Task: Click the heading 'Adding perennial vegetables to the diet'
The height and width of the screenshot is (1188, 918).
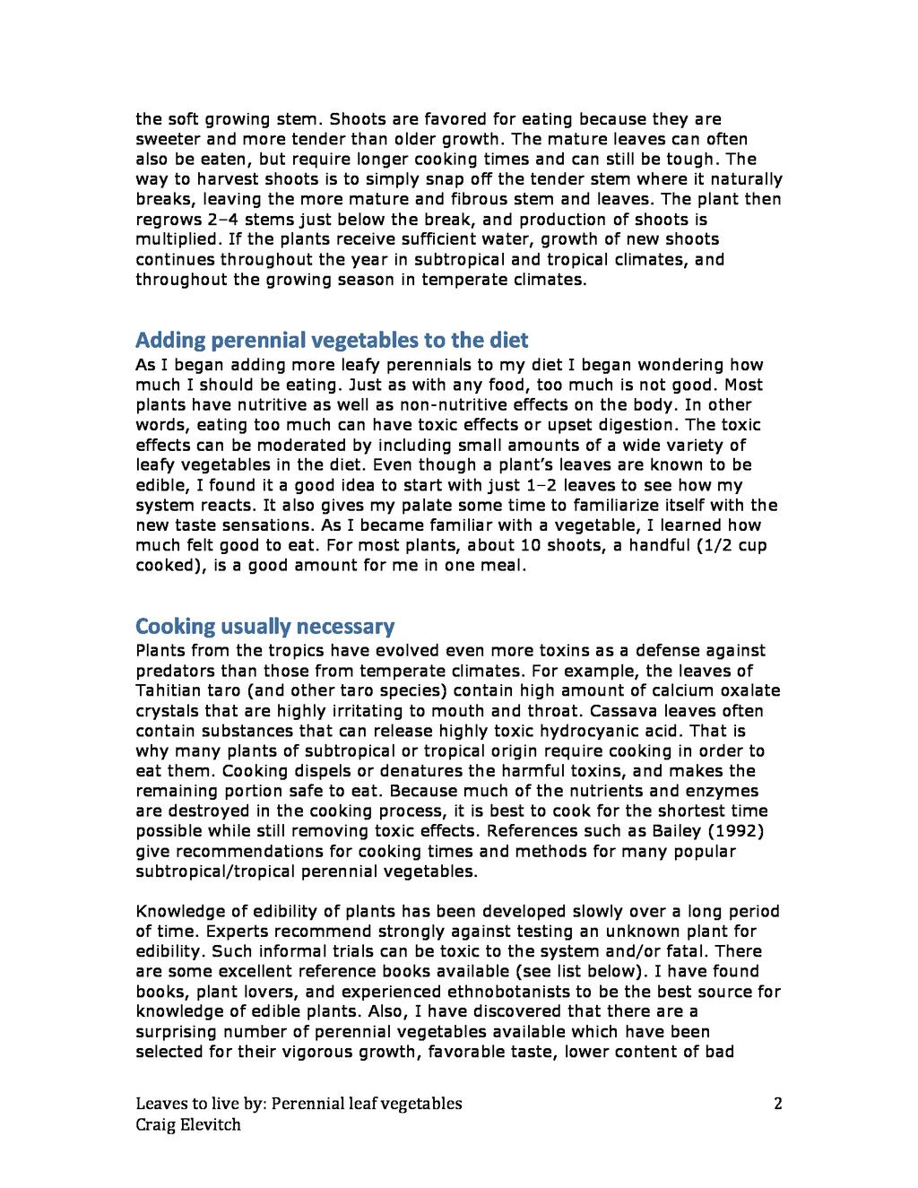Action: (x=332, y=341)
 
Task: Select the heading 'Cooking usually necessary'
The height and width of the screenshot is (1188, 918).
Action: (x=264, y=626)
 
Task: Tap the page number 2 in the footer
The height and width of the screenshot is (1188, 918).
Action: (x=777, y=1104)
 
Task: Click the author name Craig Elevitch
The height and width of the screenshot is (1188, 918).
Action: (x=188, y=1124)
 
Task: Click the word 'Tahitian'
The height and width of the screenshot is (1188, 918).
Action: (x=171, y=691)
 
